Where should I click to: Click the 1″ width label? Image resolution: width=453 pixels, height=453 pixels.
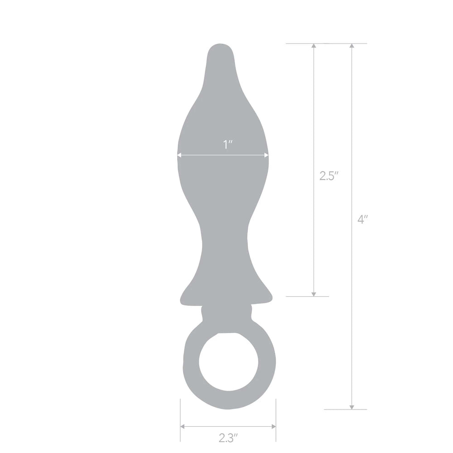pos(228,145)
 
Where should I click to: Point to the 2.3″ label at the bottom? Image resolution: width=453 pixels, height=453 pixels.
pos(228,438)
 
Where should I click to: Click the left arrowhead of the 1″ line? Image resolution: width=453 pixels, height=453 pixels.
pos(179,155)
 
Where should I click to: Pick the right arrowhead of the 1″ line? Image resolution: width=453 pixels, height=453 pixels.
pos(267,155)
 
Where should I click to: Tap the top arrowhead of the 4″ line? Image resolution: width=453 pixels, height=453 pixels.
pos(352,46)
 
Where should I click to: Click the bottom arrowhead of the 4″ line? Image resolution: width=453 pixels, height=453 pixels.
pos(352,406)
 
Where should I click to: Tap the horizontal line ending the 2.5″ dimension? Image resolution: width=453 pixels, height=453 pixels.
pos(308,296)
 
